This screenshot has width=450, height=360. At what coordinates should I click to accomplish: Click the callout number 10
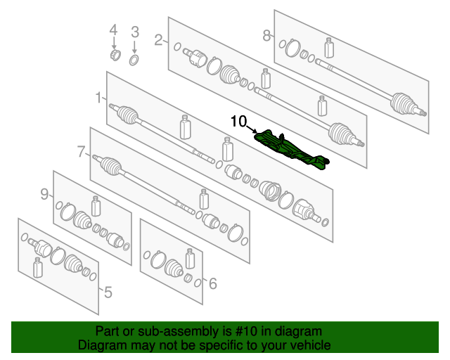pyautogui.click(x=239, y=122)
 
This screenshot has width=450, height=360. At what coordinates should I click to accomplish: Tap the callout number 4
pyautogui.click(x=114, y=30)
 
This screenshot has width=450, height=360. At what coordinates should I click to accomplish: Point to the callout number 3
pyautogui.click(x=135, y=32)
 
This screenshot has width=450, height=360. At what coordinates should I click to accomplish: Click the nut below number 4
pyautogui.click(x=115, y=55)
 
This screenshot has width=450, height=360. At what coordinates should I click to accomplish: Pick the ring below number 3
pyautogui.click(x=134, y=60)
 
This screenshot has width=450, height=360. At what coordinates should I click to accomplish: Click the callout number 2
pyautogui.click(x=159, y=40)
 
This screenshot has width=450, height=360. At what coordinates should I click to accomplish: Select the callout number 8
pyautogui.click(x=266, y=36)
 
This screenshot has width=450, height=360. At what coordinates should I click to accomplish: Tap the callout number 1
pyautogui.click(x=98, y=98)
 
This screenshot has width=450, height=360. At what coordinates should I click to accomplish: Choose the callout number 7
pyautogui.click(x=82, y=152)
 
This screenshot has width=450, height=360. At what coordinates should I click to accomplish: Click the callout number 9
pyautogui.click(x=44, y=194)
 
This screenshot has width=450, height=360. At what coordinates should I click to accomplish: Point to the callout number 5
pyautogui.click(x=108, y=292)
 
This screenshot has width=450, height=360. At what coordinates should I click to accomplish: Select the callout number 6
pyautogui.click(x=212, y=283)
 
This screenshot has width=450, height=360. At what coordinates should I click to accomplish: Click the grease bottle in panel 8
pyautogui.click(x=329, y=48)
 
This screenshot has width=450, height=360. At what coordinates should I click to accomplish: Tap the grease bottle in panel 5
pyautogui.click(x=37, y=268)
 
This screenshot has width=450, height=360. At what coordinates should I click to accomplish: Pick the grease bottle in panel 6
pyautogui.click(x=190, y=259)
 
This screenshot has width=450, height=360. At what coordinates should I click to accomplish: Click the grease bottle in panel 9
pyautogui.click(x=96, y=206)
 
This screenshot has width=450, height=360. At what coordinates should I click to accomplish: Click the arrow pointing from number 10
pyautogui.click(x=252, y=129)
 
